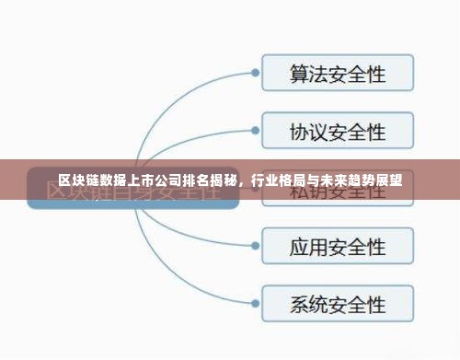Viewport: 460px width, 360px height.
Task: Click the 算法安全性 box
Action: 338,73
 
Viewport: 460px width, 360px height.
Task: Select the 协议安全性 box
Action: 338,131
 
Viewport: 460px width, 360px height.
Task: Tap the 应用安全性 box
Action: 338,246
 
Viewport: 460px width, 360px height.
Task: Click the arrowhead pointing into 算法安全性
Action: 253,73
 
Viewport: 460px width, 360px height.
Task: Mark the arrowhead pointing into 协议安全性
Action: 253,131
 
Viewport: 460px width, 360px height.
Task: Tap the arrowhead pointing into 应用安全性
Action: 253,246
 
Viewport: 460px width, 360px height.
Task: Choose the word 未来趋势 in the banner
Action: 342,180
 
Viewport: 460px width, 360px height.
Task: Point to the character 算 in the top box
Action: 301,73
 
